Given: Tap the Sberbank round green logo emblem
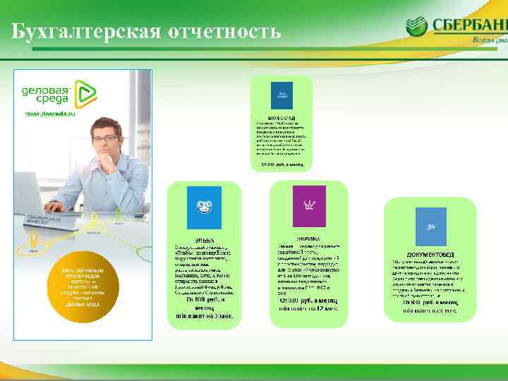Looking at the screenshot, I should point(417,26).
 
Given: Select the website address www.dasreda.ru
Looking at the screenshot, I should point(50,113).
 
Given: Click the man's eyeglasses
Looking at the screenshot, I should point(106,138).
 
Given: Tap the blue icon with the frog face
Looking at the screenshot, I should point(203,207).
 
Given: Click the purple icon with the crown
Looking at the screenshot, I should point(309,206).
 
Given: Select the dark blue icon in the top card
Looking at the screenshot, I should point(282,95).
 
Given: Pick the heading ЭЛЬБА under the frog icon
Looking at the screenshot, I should point(204,240).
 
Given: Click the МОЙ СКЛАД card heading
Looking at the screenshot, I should point(282,116).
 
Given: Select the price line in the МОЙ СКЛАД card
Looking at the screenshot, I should point(282,165).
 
